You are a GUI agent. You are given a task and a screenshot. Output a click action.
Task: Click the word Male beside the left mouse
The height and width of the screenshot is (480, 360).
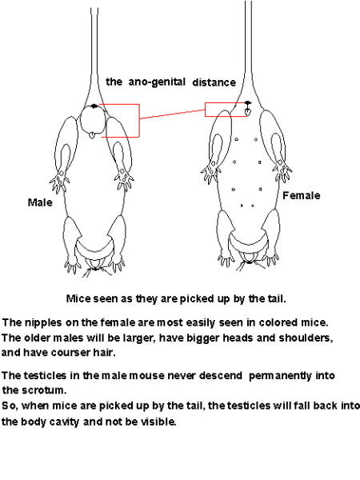(x=40, y=202)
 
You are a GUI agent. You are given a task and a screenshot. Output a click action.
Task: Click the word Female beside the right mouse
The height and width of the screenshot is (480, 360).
(x=302, y=195)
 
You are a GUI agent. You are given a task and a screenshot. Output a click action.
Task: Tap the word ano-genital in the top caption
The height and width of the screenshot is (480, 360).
(x=157, y=82)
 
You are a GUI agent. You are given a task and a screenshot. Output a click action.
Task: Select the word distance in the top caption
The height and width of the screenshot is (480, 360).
(x=214, y=82)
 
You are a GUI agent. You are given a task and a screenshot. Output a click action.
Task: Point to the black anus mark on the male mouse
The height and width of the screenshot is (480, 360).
(x=94, y=106)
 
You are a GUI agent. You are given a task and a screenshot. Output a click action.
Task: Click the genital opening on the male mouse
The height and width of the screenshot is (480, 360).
(x=91, y=135)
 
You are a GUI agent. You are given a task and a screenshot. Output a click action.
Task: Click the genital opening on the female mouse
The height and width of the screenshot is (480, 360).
(x=248, y=112)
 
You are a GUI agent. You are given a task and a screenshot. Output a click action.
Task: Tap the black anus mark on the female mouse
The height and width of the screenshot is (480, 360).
(x=248, y=102)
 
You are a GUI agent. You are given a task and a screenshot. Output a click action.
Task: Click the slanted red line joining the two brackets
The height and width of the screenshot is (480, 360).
(x=172, y=114)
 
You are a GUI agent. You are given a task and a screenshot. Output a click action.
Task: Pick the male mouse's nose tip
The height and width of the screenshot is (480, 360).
(x=95, y=269)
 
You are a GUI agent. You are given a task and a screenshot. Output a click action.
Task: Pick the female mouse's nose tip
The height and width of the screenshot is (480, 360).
(x=250, y=262)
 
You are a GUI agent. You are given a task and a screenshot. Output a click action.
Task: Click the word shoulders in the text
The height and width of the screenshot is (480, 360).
(x=306, y=338)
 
